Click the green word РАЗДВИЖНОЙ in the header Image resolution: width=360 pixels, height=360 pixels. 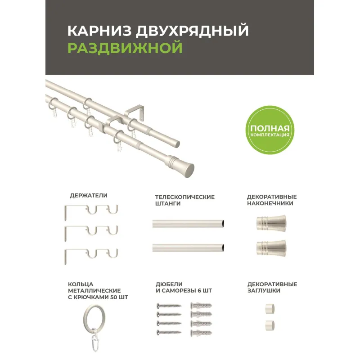click(125, 48)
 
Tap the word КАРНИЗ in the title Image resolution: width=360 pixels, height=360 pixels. click(99, 31)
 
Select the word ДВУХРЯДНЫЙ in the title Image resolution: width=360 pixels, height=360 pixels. click(192, 30)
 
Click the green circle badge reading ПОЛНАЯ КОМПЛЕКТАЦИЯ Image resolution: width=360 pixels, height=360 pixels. click(270, 130)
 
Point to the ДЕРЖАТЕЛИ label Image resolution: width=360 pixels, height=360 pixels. click(89, 195)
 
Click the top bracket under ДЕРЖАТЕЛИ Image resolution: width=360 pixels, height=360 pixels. click(91, 211)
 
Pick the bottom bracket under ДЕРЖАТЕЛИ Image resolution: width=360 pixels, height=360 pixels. click(91, 255)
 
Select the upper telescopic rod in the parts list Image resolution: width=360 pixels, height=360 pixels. click(188, 223)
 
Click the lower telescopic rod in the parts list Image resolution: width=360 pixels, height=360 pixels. click(188, 247)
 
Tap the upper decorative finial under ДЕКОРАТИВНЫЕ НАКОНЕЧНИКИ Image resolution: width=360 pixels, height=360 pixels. click(271, 223)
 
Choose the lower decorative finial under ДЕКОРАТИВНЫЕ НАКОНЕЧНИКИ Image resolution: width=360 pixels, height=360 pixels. click(271, 248)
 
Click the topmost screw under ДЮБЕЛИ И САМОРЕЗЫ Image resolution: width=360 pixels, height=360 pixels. click(169, 306)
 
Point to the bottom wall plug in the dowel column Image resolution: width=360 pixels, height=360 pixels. click(201, 333)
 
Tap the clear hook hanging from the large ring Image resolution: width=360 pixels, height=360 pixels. click(95, 340)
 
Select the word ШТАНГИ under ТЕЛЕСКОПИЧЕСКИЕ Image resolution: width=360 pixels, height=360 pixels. click(168, 203)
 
